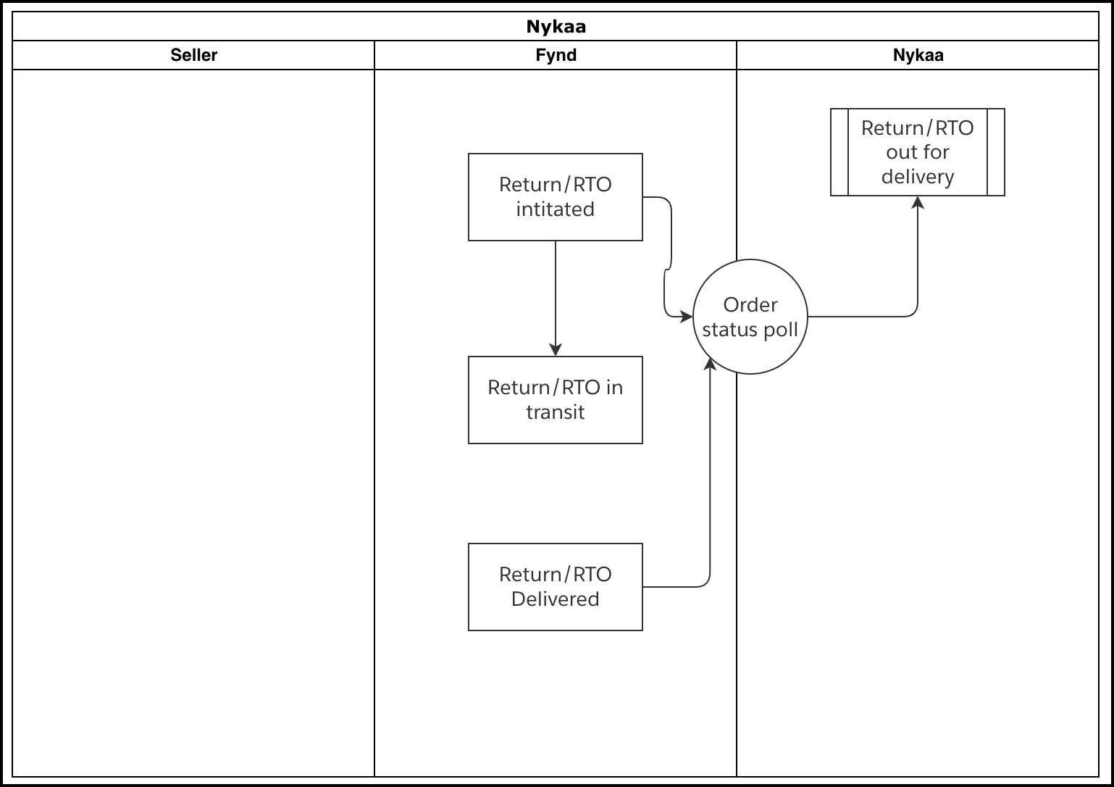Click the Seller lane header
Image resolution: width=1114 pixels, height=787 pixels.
tap(193, 55)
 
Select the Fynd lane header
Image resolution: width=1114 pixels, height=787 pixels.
tap(556, 55)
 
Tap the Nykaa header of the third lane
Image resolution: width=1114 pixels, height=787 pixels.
tap(918, 55)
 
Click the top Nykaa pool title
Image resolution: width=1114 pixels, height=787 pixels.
tap(556, 27)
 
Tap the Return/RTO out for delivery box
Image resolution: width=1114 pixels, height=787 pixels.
tap(918, 152)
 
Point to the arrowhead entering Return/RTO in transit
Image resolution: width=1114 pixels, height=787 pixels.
tap(556, 350)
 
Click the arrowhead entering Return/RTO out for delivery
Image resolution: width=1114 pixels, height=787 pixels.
tap(918, 202)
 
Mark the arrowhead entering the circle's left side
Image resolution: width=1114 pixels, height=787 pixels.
tap(687, 317)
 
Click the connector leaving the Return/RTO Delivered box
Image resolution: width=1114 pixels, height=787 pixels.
tap(677, 586)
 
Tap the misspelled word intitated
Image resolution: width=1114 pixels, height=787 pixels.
tap(556, 209)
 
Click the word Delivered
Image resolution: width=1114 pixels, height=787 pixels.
tap(556, 599)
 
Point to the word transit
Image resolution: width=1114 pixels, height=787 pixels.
tap(556, 412)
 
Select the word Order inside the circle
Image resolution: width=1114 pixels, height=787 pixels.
tap(750, 305)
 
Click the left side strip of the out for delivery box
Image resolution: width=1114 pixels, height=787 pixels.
tap(839, 152)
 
